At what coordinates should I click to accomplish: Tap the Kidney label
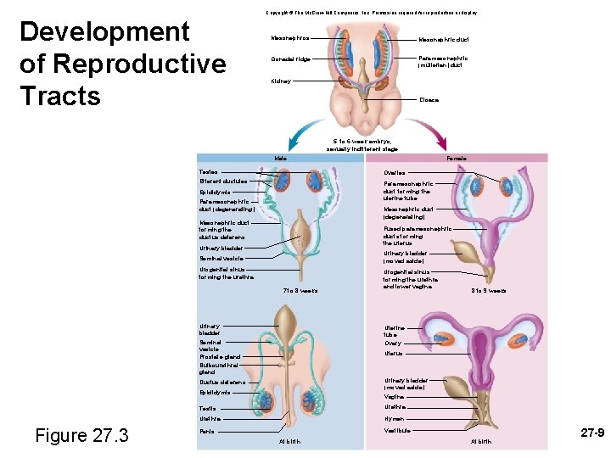click(x=281, y=81)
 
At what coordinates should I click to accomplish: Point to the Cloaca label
click(x=429, y=99)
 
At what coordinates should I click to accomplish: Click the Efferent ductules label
click(x=223, y=182)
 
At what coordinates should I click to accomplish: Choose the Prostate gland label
click(x=219, y=357)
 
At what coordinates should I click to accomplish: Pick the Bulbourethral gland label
click(x=216, y=369)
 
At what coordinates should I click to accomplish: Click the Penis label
click(x=207, y=432)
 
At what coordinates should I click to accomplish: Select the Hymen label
click(x=394, y=419)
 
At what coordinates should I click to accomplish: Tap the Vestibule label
click(x=397, y=431)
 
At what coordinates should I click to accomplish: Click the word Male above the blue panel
click(x=281, y=159)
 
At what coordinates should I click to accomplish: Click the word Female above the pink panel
click(x=457, y=159)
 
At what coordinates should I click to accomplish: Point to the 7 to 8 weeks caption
click(x=300, y=291)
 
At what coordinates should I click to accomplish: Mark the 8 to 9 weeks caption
click(x=490, y=291)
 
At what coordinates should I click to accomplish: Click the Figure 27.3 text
click(x=81, y=436)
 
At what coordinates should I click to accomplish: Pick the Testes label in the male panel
click(x=208, y=172)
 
